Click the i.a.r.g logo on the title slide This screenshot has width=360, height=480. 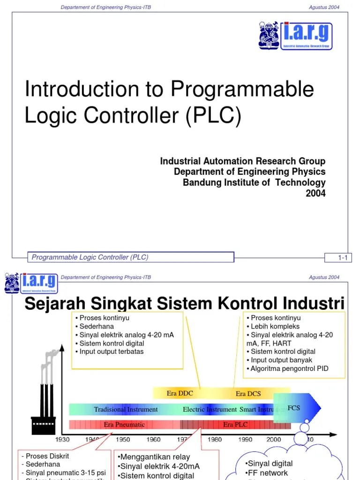(295, 36)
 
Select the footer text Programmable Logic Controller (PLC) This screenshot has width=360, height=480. (90, 257)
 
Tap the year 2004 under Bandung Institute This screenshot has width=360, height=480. (315, 193)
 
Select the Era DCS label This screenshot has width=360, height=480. (248, 394)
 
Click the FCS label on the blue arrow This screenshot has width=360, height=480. (293, 408)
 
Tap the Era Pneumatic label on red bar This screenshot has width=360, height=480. (124, 425)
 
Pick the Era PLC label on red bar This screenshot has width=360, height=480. (235, 425)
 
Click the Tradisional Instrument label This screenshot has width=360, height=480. (126, 409)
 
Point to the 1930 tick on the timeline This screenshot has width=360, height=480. (62, 440)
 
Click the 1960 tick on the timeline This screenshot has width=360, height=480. (153, 440)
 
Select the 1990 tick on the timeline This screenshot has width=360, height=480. (245, 440)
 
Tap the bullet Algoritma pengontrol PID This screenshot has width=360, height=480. (289, 368)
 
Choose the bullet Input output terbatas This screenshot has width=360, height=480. (111, 352)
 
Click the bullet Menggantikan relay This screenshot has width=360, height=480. (154, 457)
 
